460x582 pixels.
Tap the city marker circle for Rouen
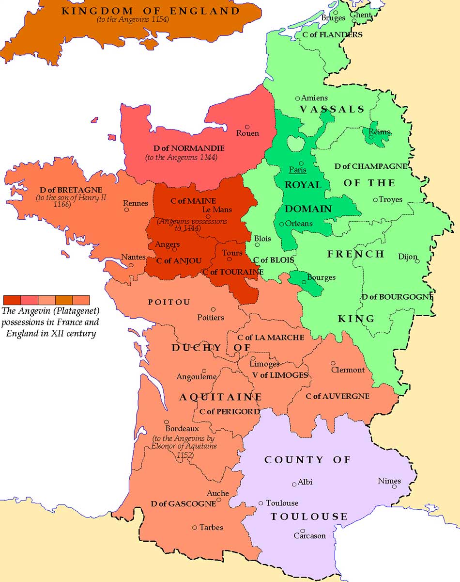coord(247,127)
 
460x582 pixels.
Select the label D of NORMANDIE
coord(180,148)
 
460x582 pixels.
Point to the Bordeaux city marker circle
coord(167,422)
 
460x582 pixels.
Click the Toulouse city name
coord(282,503)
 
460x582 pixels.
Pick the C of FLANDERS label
coord(332,35)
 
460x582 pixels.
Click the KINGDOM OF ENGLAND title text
coord(150,11)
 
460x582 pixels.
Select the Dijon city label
coord(407,257)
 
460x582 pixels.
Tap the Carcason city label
coord(309,536)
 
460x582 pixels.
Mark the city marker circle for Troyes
coord(375,199)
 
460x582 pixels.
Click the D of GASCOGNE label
coord(183,504)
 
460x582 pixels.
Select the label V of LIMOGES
coord(281,375)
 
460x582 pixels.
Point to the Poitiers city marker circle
coord(213,309)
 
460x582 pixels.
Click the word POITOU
coord(169,302)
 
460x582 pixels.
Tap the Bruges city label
coord(333,18)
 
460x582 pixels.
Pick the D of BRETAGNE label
coord(65,189)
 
